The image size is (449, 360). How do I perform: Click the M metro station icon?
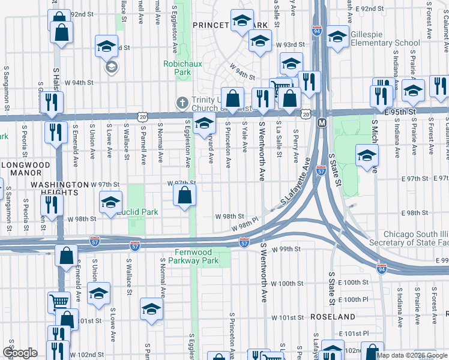[321, 122]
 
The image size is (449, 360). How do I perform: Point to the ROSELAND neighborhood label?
[333, 316]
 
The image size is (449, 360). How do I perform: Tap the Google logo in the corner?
[20, 352]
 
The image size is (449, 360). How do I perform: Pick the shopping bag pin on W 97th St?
[185, 195]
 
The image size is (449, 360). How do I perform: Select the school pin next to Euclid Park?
[111, 203]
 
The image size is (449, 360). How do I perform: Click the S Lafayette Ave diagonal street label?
[295, 184]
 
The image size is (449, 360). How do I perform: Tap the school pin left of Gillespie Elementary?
[337, 37]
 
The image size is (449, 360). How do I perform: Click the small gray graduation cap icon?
[111, 67]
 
